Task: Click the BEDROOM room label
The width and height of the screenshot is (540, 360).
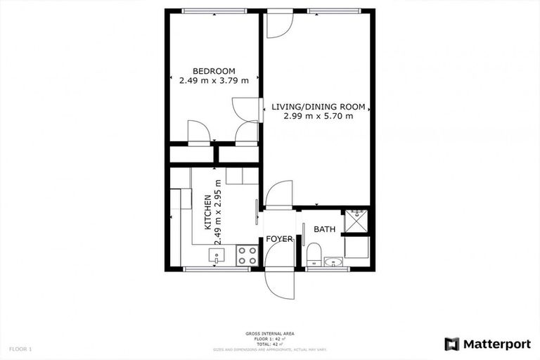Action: click(x=214, y=70)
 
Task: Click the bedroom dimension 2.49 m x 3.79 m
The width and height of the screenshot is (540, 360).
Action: click(x=214, y=80)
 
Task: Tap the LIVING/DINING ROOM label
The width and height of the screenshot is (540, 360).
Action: click(x=319, y=107)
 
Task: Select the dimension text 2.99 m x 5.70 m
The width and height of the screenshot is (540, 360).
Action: click(x=319, y=117)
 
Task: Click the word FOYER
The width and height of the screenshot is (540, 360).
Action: click(x=279, y=240)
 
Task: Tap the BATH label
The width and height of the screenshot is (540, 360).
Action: click(x=324, y=229)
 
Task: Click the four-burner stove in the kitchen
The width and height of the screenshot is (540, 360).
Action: click(x=247, y=255)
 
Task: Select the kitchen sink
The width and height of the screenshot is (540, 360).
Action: click(x=217, y=256)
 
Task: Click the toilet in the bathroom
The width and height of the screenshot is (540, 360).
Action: click(x=314, y=252)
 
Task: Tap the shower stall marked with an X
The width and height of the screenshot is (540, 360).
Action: click(x=355, y=221)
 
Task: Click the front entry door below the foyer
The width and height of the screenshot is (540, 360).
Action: click(x=279, y=283)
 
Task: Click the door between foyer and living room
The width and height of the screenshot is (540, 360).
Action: click(x=279, y=194)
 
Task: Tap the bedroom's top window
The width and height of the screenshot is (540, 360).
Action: click(x=214, y=11)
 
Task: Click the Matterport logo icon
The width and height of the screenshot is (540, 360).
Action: click(x=451, y=344)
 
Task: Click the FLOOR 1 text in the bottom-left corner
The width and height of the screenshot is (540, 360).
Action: click(x=20, y=349)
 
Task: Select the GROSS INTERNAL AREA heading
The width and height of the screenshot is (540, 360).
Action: click(x=269, y=333)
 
